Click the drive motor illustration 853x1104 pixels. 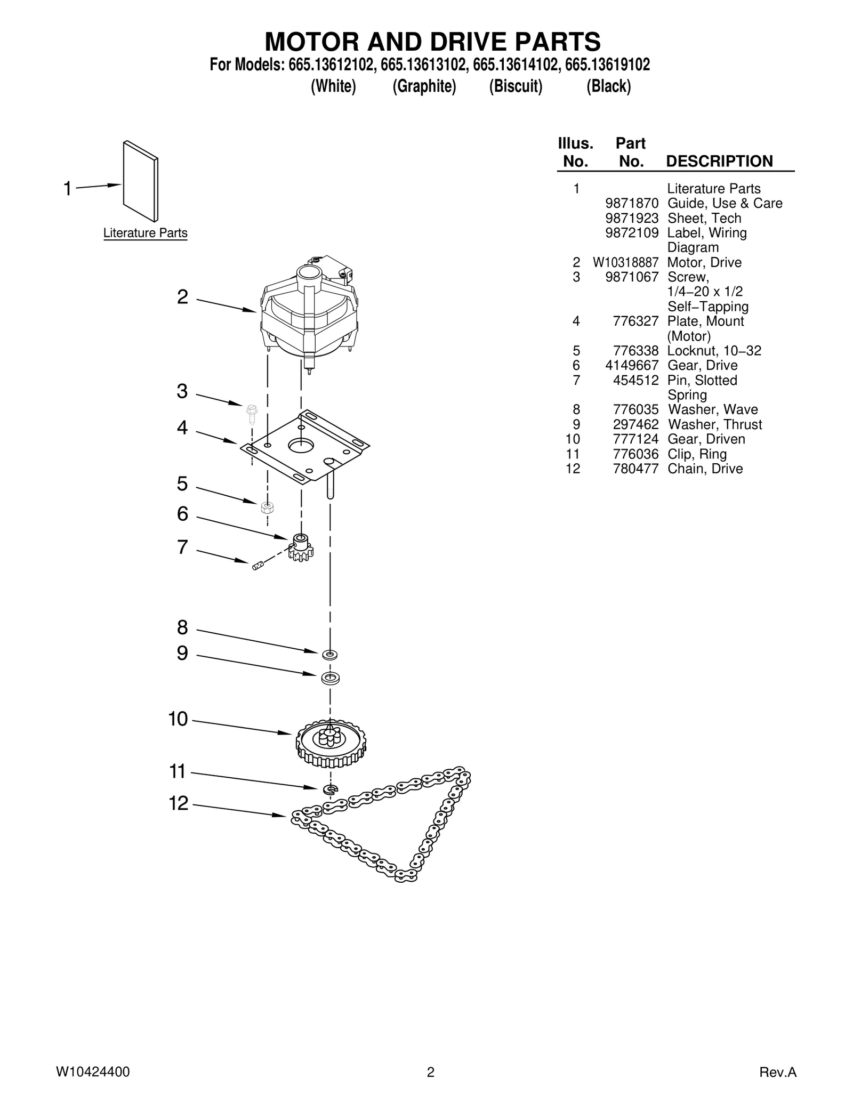tap(308, 315)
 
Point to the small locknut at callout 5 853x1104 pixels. tap(267, 507)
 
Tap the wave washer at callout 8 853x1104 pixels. tap(330, 654)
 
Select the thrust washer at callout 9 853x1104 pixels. tap(330, 679)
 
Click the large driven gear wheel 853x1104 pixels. tap(331, 743)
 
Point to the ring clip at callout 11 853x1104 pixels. tap(331, 789)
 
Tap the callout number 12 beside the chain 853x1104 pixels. tap(179, 803)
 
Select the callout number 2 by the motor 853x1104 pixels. tap(182, 297)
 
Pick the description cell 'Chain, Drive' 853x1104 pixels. tap(705, 469)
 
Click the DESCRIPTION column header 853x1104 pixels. tap(719, 161)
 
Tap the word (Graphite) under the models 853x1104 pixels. tap(424, 86)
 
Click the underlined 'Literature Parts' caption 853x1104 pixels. tap(145, 233)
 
